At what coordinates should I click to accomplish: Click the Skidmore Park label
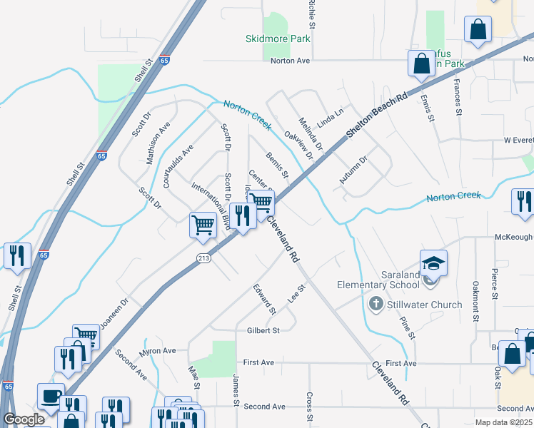(278, 39)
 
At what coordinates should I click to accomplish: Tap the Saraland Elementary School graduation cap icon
(433, 263)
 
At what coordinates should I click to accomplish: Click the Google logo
(24, 419)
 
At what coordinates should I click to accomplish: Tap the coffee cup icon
(51, 397)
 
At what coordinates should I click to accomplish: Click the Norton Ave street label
(290, 61)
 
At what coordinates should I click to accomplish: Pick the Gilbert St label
(263, 330)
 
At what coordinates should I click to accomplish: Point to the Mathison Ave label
(158, 143)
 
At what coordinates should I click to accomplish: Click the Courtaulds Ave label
(178, 166)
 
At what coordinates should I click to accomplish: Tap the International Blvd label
(211, 205)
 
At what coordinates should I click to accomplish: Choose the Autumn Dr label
(353, 170)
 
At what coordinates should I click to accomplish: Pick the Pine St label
(407, 327)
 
